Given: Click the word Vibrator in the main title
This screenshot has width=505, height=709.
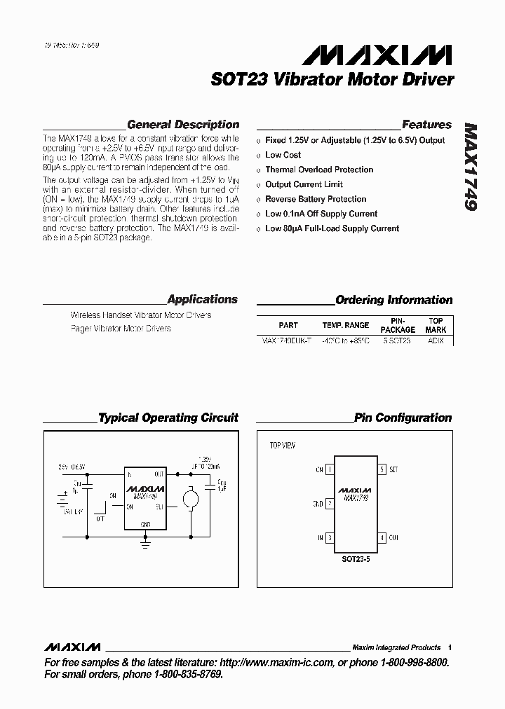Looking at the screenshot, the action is coord(291,79).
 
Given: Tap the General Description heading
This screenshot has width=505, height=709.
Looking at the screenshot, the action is coord(183,125).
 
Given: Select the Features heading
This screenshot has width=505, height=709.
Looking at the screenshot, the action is coord(426,125).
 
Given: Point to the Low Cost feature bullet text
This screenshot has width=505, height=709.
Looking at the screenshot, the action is coord(283,155).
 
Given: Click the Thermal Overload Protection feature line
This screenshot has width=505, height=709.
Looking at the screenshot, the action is coord(319,170).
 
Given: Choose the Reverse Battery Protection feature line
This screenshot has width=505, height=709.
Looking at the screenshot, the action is coord(316,199).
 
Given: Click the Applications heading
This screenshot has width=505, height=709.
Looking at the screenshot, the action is coord(203,299).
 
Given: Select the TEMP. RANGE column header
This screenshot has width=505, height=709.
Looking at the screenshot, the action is coord(345,325).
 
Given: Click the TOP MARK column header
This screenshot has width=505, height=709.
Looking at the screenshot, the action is coord(436,325).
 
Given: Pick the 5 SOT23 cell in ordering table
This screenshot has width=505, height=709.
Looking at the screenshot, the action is coord(397,340).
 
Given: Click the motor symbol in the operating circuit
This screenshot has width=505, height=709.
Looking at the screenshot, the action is coord(190,498).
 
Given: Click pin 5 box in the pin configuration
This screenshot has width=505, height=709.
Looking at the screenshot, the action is coord(382,469).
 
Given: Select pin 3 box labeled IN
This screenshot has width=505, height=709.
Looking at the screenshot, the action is coord(330,538).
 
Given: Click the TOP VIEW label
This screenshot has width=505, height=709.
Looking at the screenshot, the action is coord(283,446).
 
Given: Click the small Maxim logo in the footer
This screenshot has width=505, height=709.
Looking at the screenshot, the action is coord(72,647).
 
